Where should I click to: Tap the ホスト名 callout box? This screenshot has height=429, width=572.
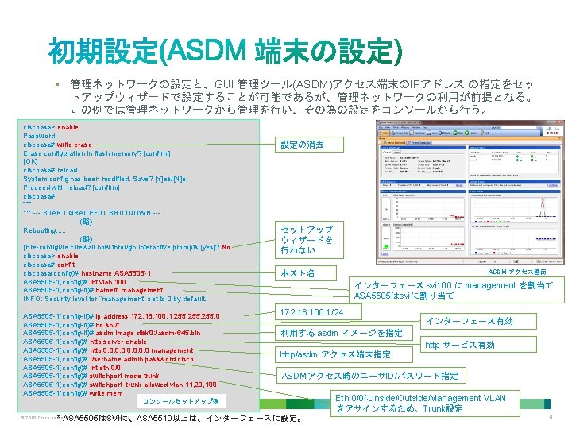pos(299,274)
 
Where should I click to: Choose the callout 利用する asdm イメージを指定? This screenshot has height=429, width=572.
pos(341,333)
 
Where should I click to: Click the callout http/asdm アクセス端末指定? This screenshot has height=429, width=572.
pos(334,354)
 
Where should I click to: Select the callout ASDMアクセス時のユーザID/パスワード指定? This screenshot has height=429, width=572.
pos(370,376)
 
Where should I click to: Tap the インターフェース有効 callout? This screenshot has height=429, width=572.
pos(470,321)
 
